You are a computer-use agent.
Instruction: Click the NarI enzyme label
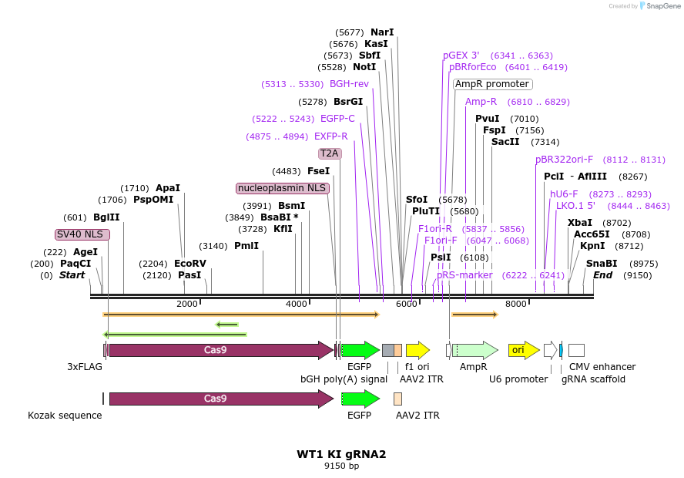click(382, 32)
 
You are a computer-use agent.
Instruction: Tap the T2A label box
click(330, 153)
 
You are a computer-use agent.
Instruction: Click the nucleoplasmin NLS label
click(283, 188)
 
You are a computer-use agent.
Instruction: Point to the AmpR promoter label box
click(492, 84)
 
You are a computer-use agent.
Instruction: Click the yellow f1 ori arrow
click(417, 350)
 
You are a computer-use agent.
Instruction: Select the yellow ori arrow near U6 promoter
click(524, 350)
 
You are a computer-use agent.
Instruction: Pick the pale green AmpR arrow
click(474, 350)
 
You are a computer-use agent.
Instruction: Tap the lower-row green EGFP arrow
click(360, 399)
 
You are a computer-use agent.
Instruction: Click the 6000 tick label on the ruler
click(406, 305)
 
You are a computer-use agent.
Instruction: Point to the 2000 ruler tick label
click(187, 305)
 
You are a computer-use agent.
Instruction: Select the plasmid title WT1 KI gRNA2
click(341, 454)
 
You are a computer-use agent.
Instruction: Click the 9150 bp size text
click(341, 466)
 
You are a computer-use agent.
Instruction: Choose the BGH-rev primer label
click(349, 84)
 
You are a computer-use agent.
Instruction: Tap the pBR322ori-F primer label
click(565, 160)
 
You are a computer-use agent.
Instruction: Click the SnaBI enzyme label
click(602, 263)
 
